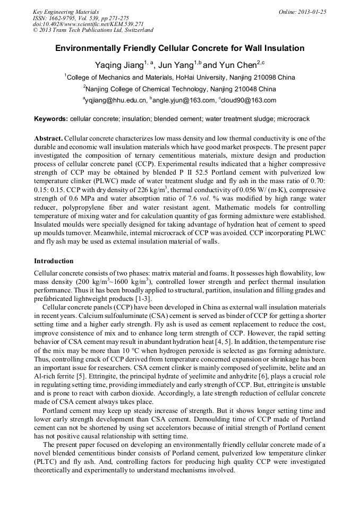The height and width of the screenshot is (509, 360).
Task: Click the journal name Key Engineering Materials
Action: tap(65, 12)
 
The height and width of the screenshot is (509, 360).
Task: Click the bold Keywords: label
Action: tap(51, 119)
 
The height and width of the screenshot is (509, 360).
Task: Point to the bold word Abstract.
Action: tap(49, 138)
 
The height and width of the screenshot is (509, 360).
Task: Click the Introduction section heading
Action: tap(54, 261)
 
